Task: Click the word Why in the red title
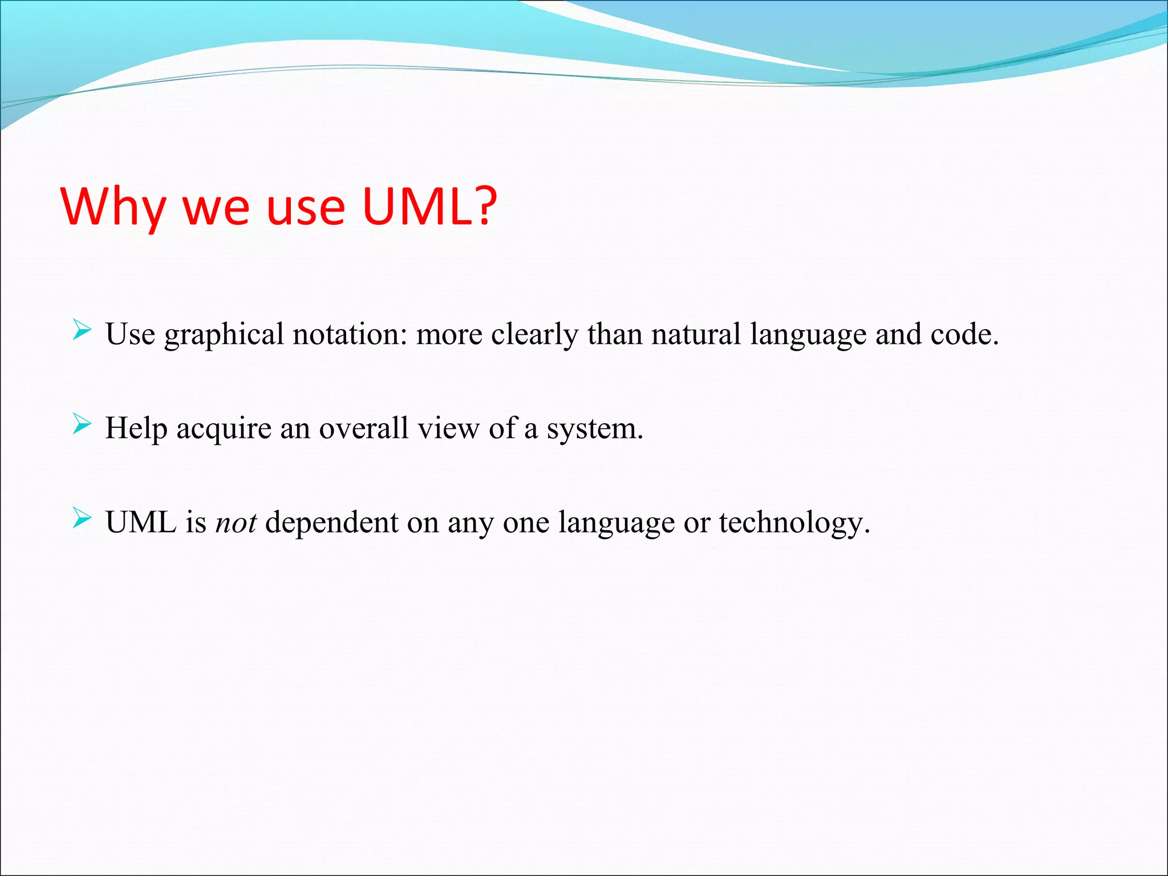[113, 206]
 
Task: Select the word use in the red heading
[306, 206]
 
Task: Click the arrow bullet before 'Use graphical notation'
[82, 330]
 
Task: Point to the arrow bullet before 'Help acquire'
[82, 425]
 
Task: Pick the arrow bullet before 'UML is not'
[82, 518]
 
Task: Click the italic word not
[236, 522]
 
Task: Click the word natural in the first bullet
[696, 334]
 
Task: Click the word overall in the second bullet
[363, 428]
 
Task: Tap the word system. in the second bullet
[595, 429]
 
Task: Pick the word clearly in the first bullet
[534, 335]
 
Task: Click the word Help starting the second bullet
[136, 429]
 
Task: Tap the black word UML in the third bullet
[141, 522]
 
